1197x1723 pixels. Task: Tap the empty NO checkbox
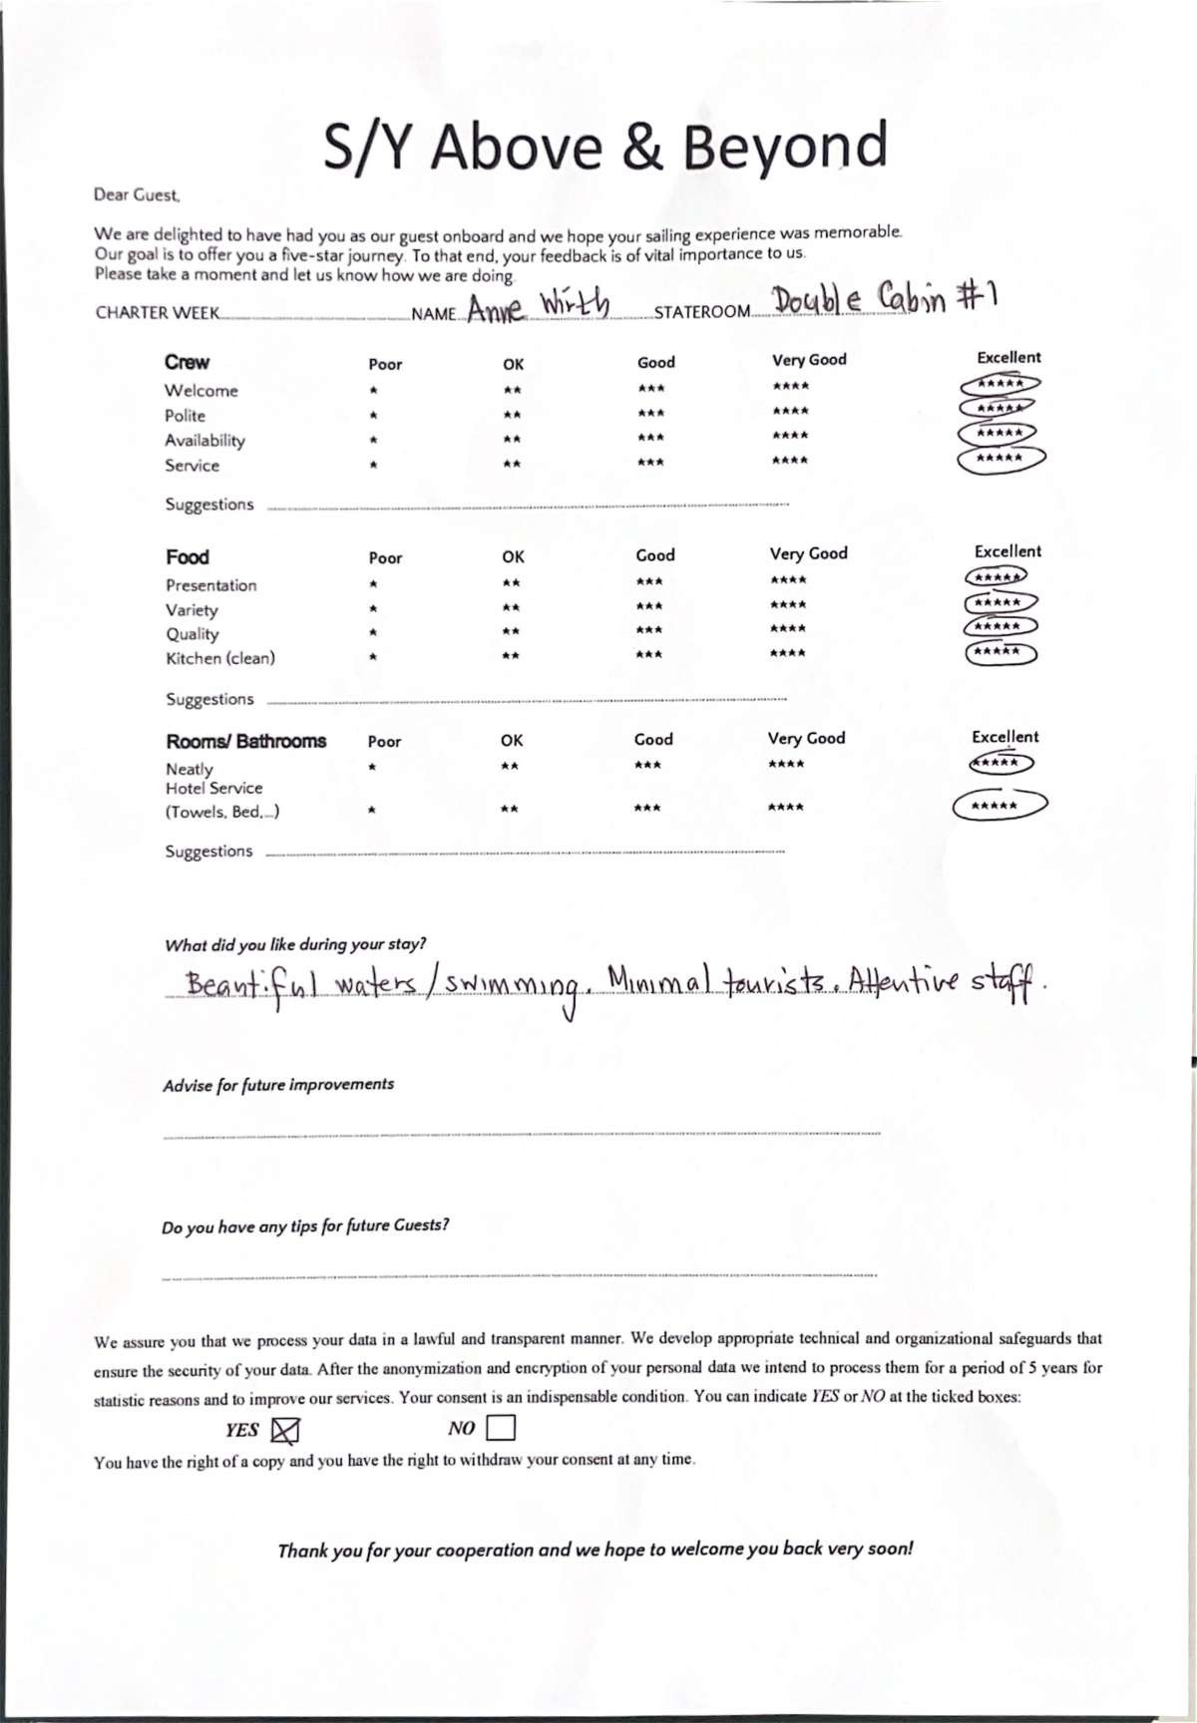[501, 1429]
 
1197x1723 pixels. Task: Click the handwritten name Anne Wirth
[538, 305]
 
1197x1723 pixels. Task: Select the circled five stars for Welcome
[999, 384]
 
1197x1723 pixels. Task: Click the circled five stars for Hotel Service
[999, 805]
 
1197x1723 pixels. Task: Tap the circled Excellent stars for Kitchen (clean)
[999, 652]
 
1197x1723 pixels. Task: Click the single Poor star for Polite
[372, 415]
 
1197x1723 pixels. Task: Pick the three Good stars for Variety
[648, 606]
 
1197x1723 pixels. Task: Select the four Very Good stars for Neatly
[787, 765]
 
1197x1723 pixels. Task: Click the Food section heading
[188, 557]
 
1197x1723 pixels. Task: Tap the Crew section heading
[188, 363]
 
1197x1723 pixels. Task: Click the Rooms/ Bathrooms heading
[245, 741]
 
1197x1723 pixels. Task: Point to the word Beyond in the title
[787, 147]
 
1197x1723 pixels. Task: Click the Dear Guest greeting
[137, 195]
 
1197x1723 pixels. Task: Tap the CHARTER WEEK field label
[157, 313]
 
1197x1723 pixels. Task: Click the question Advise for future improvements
[278, 1084]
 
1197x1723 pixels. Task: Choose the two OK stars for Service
[512, 464]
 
